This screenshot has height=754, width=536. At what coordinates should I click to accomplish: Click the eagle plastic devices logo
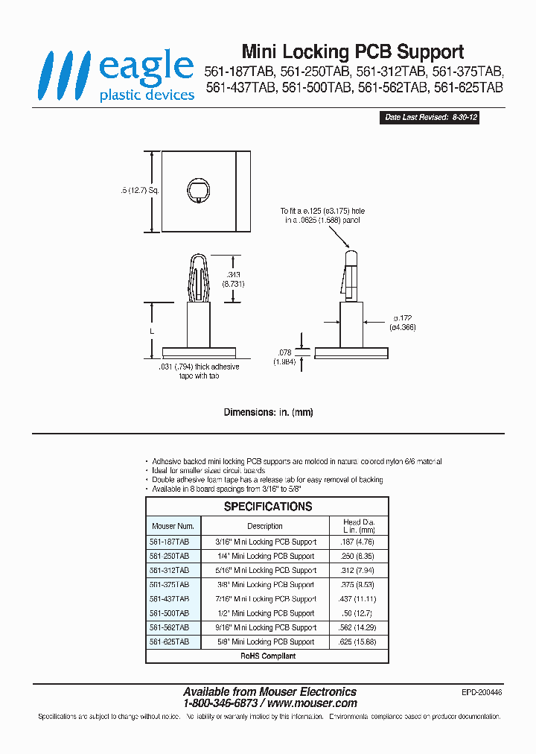tap(118, 75)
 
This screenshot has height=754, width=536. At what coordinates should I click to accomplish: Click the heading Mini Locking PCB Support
tap(353, 51)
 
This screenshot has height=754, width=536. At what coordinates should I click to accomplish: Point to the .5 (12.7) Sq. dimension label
tap(139, 191)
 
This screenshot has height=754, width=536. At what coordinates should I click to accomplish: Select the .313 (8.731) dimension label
tap(234, 279)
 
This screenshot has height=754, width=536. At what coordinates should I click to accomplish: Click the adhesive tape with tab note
tap(199, 371)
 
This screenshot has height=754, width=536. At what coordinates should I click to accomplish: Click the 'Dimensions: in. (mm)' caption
tap(267, 412)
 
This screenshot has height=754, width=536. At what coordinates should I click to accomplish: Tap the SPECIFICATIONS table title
tap(268, 507)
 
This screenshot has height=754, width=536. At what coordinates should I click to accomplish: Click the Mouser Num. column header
tap(172, 526)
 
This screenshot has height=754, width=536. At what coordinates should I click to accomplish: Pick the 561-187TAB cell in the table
tap(170, 542)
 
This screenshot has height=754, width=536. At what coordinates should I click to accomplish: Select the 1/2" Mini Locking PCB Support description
tap(265, 613)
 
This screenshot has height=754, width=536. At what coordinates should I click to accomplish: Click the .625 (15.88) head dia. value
tap(356, 641)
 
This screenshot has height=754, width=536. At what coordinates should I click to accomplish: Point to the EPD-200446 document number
tap(482, 692)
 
